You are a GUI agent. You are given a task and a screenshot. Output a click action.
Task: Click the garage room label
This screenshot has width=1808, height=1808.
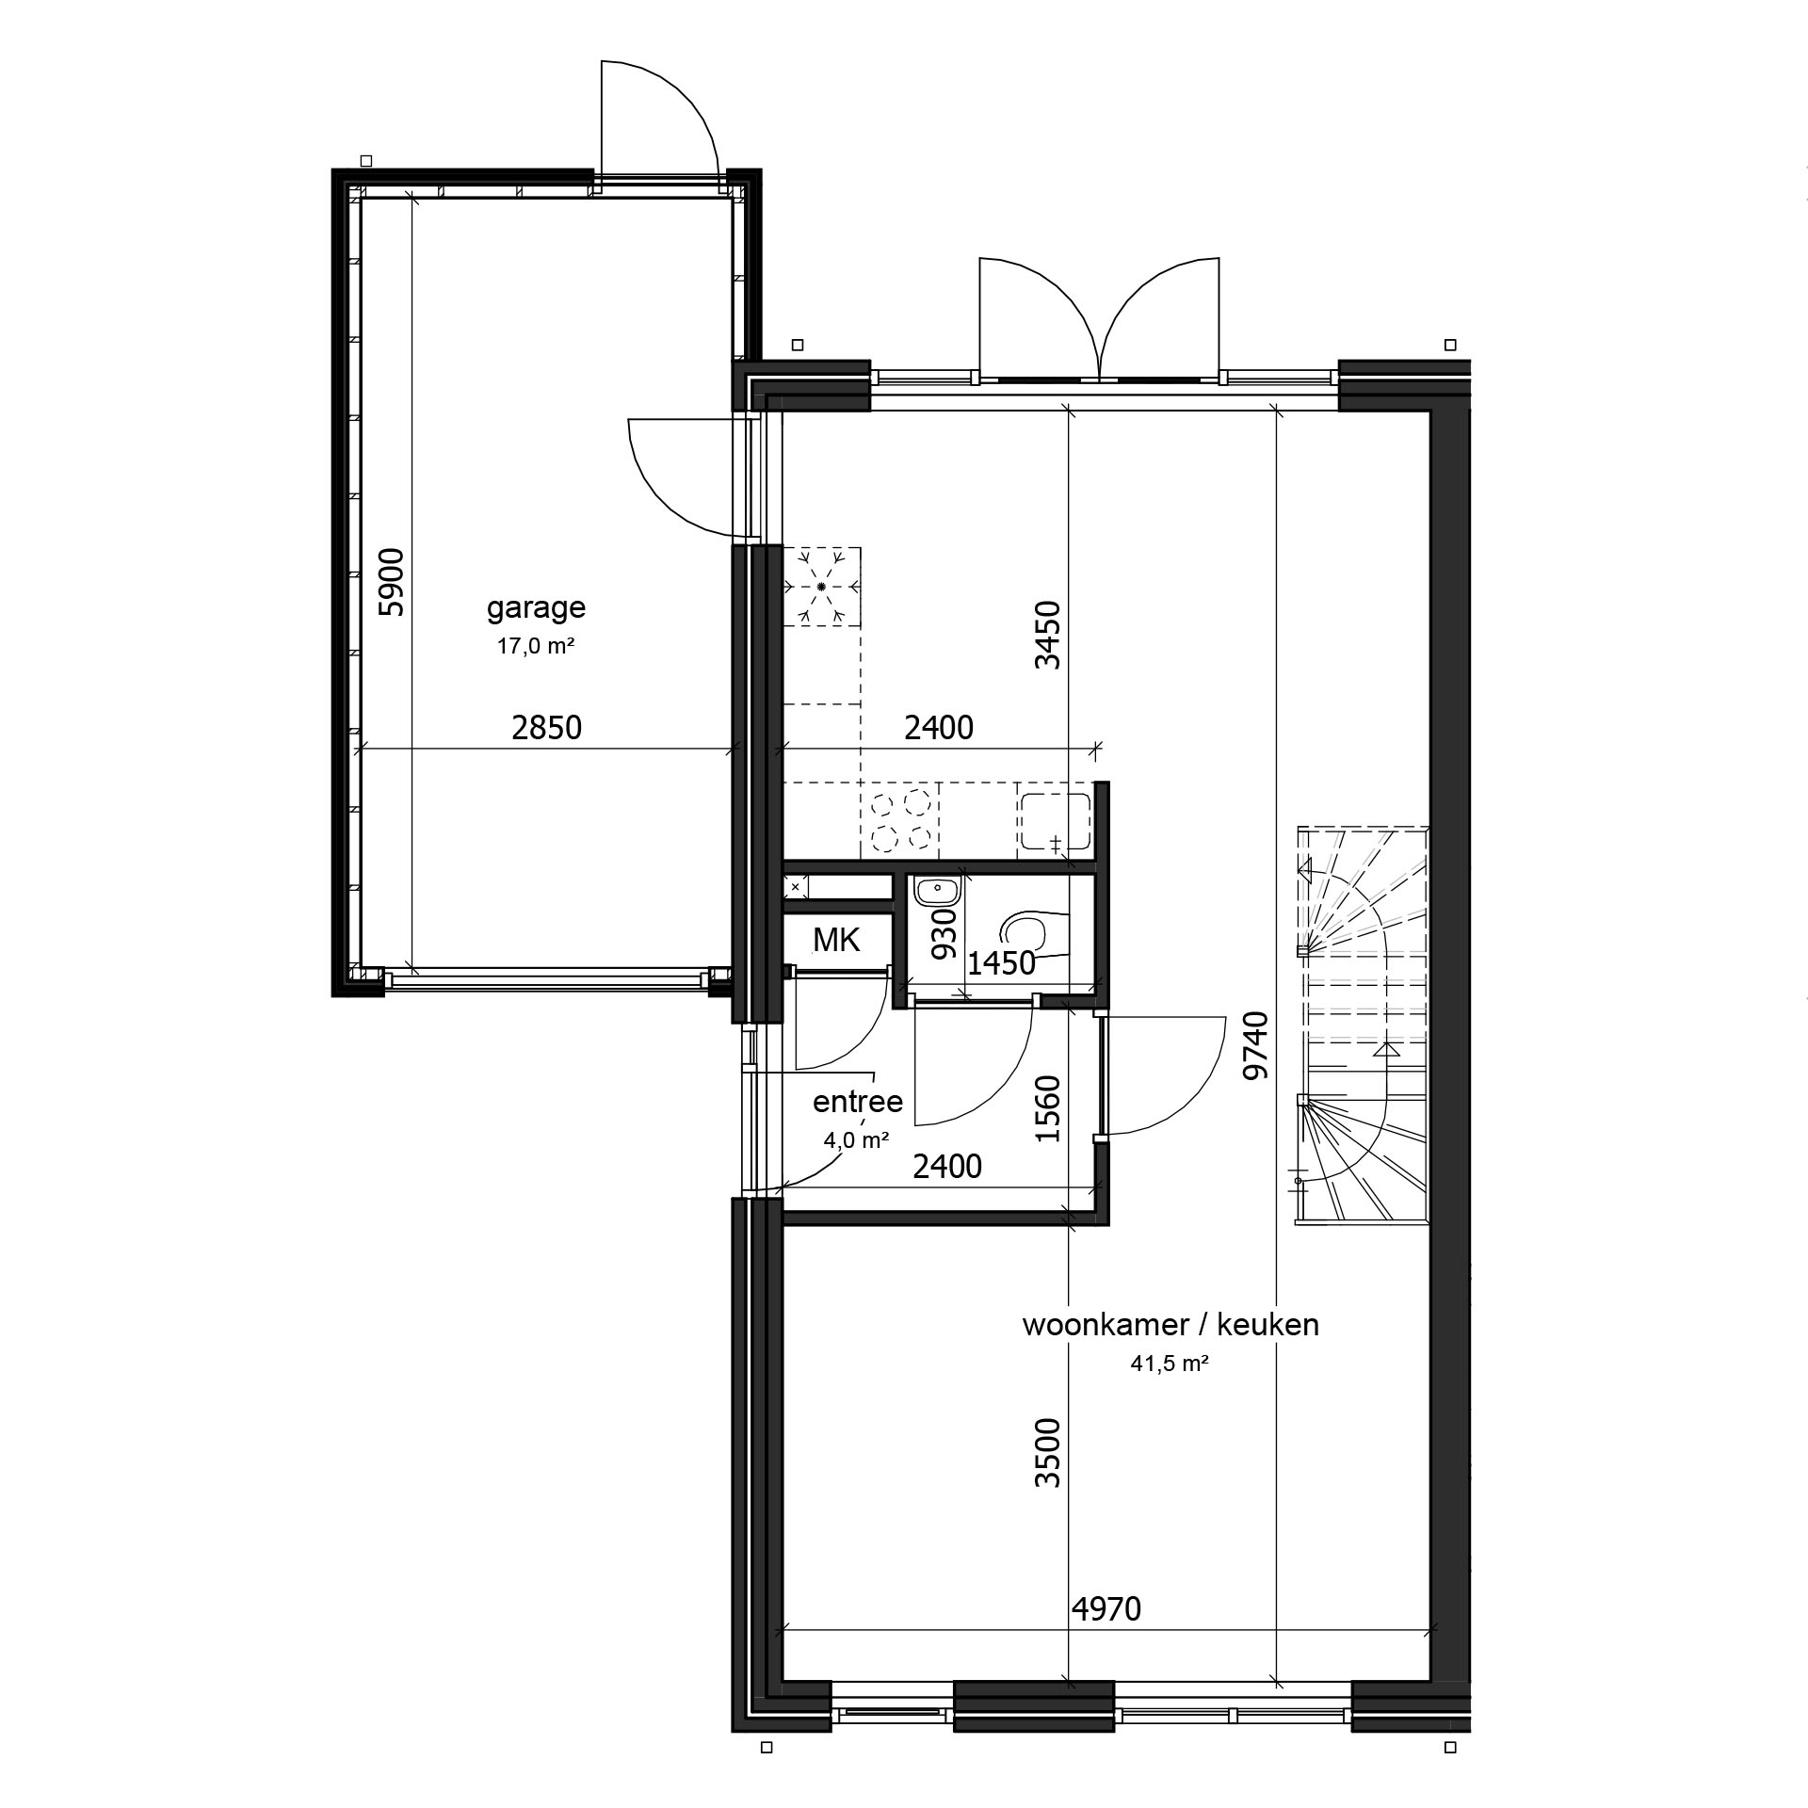click(536, 608)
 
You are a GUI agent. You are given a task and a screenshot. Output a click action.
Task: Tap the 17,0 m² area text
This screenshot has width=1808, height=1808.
click(536, 646)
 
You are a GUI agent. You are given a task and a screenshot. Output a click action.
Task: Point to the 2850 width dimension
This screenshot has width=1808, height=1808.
click(547, 728)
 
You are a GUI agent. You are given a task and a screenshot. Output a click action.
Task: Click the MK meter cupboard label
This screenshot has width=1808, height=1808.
click(836, 939)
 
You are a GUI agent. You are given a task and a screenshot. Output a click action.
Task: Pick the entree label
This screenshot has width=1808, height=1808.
click(858, 1101)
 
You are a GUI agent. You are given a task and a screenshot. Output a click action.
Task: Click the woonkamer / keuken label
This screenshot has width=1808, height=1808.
click(1170, 1325)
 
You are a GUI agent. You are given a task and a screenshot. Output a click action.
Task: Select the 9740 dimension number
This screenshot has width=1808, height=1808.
click(1256, 1045)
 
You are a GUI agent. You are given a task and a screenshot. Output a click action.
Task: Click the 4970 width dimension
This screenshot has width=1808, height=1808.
click(1106, 1609)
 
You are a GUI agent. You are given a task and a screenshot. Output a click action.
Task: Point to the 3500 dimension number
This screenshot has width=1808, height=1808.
click(1047, 1453)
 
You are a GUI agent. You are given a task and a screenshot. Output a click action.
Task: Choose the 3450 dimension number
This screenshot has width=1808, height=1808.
click(1047, 635)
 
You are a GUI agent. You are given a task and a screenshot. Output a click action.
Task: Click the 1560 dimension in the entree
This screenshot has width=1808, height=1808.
click(1047, 1108)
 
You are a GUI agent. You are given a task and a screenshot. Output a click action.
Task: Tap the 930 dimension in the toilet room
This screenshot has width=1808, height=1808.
click(944, 933)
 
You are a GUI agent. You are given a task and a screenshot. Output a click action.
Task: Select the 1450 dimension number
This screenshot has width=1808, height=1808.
click(1002, 963)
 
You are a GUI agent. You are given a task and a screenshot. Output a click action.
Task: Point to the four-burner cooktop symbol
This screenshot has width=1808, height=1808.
click(900, 820)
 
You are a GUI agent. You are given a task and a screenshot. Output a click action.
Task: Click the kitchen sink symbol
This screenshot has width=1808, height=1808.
click(1054, 822)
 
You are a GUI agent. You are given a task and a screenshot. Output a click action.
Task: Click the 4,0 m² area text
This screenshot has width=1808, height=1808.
click(857, 1141)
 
